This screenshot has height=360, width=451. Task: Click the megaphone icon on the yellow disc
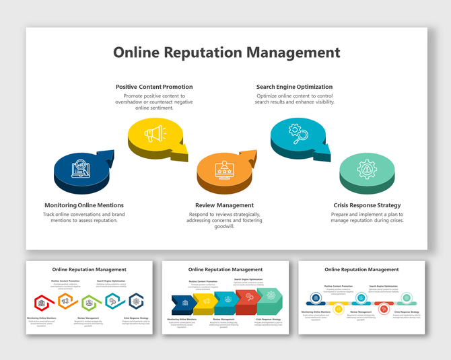[154, 134]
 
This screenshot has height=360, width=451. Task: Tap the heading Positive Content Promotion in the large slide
[154, 87]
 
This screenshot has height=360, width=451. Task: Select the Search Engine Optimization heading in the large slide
[294, 87]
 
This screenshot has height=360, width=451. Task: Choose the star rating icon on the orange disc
[223, 169]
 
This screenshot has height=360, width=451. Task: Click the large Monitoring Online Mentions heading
[84, 205]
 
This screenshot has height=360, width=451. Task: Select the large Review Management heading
[224, 205]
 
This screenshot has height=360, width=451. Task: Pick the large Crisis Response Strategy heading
[367, 205]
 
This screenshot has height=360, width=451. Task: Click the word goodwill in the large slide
[224, 227]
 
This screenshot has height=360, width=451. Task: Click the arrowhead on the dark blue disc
[106, 156]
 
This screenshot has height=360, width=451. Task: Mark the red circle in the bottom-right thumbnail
[384, 309]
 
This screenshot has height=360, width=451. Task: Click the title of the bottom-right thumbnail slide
[361, 269]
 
